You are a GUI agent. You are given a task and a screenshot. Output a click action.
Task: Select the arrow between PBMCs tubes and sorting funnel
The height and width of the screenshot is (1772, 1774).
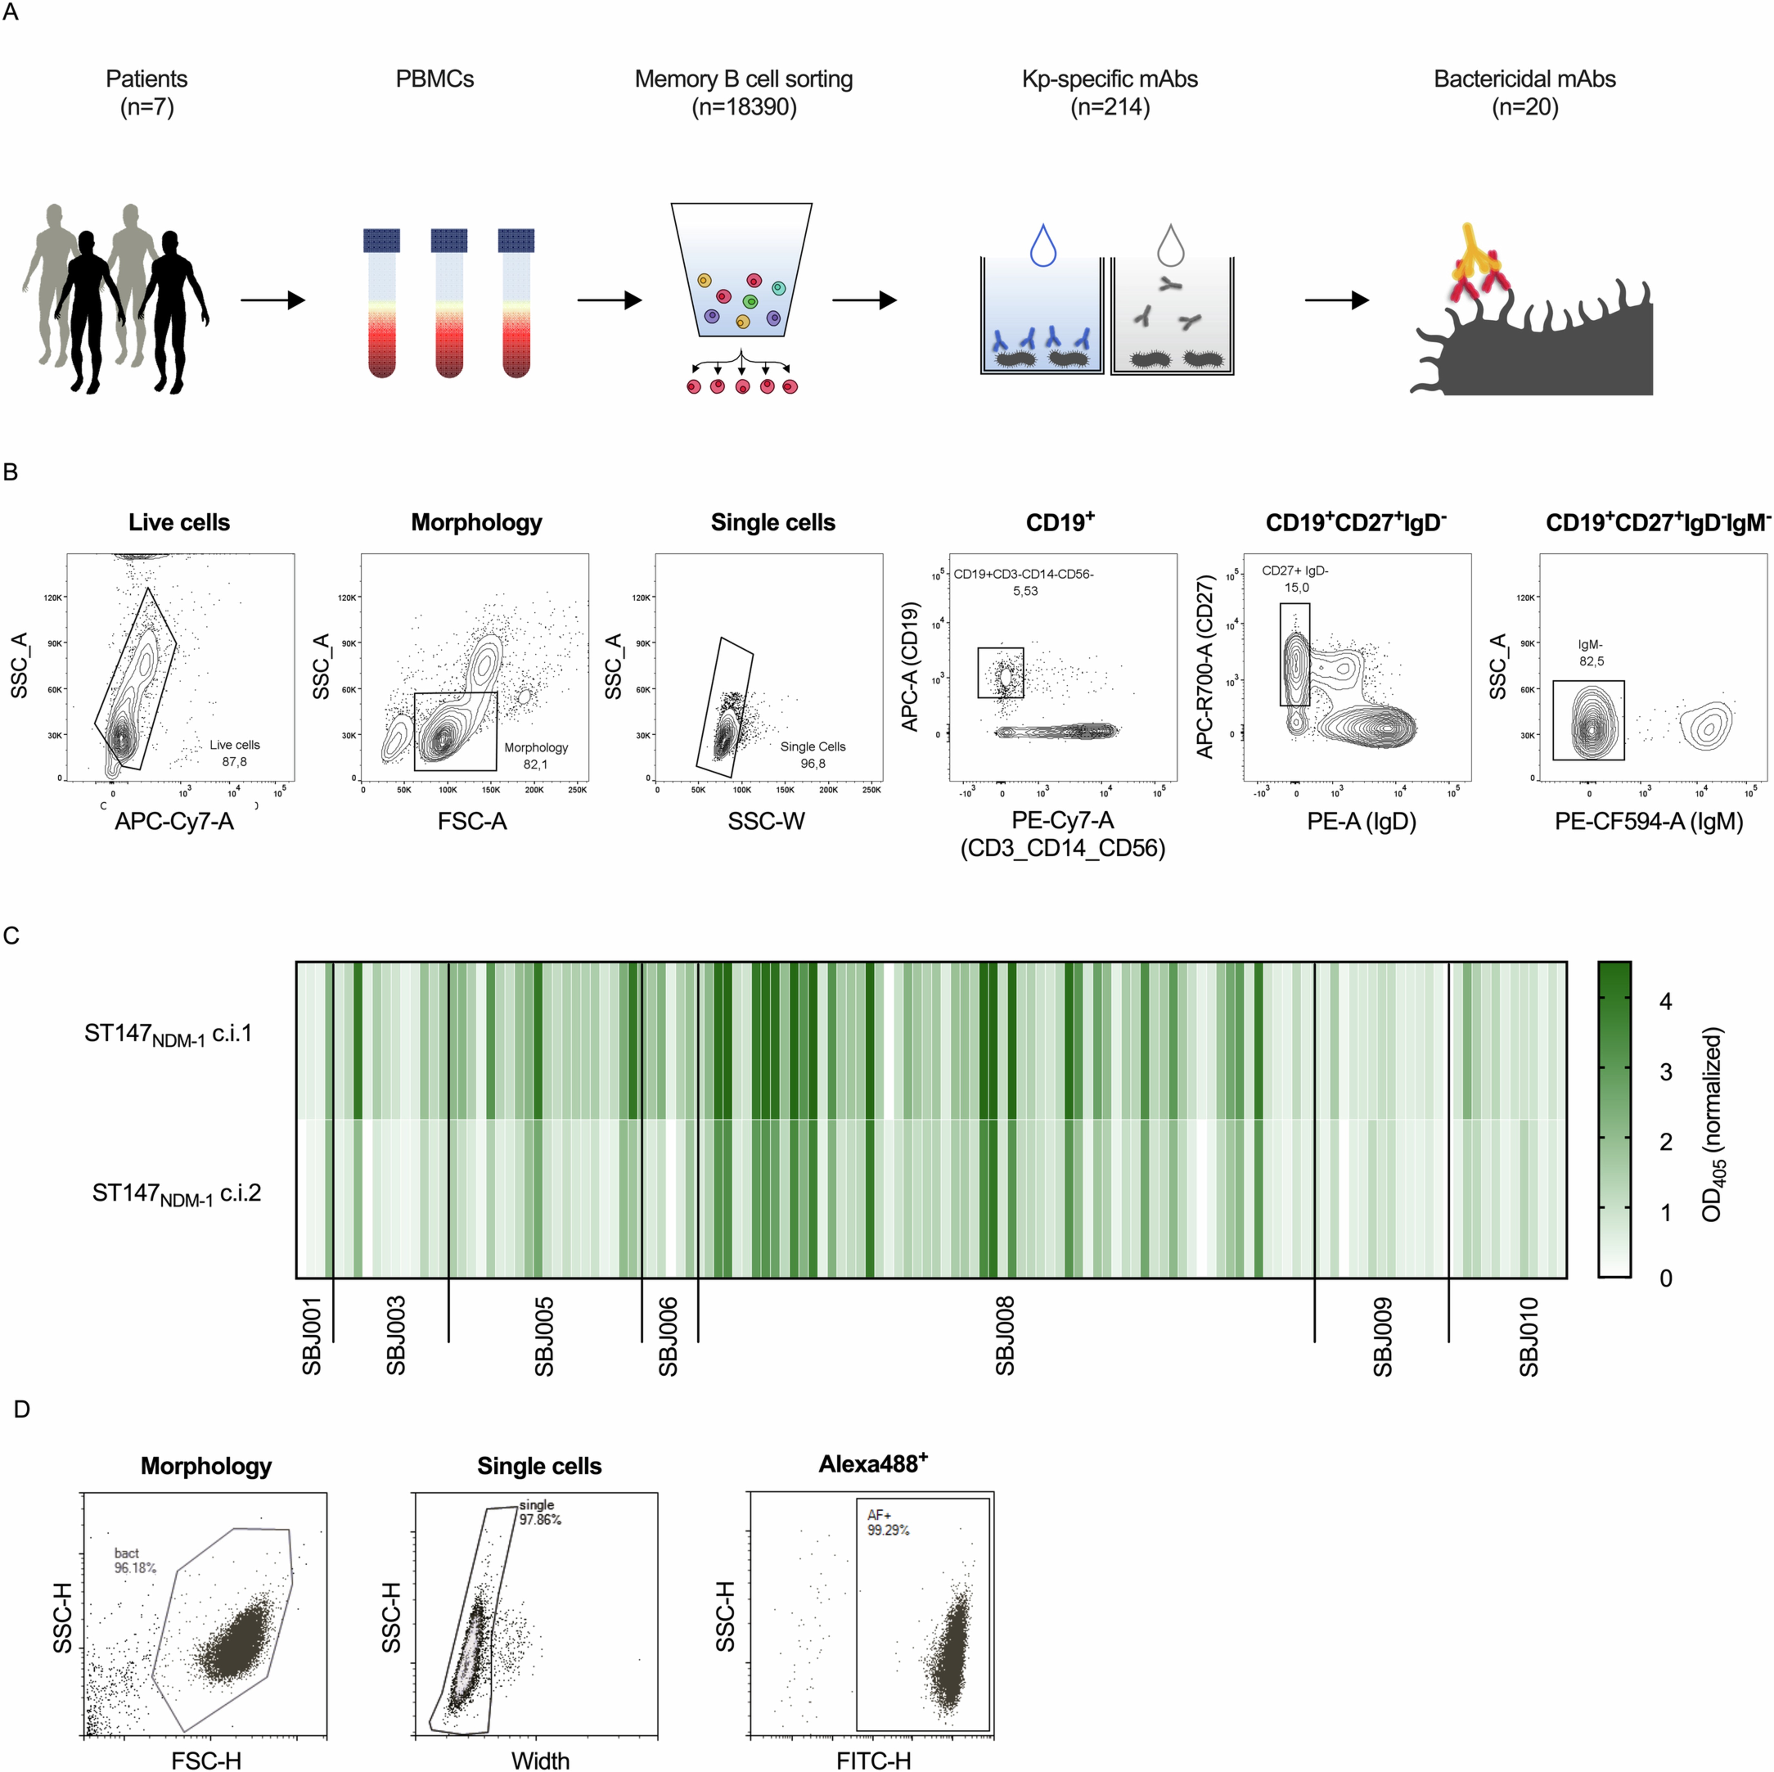pyautogui.click(x=609, y=300)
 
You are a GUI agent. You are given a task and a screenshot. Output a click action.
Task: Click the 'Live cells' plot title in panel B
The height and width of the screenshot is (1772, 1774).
pyautogui.click(x=179, y=523)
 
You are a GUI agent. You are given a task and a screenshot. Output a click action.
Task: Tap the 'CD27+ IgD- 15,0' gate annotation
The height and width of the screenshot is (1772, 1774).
pyautogui.click(x=1295, y=579)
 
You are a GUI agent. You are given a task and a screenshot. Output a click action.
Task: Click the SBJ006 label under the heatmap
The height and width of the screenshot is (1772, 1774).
pyautogui.click(x=668, y=1337)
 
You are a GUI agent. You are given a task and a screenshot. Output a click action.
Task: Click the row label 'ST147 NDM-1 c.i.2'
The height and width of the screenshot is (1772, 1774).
pyautogui.click(x=176, y=1194)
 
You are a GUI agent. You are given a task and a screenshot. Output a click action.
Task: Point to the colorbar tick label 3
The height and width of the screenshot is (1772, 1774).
pyautogui.click(x=1666, y=1072)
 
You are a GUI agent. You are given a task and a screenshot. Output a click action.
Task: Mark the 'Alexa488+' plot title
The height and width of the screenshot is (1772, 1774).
pyautogui.click(x=872, y=1463)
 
